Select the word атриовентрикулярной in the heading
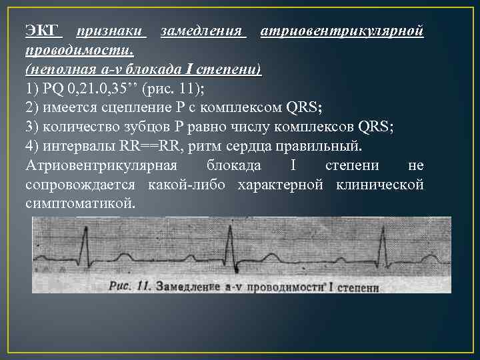(341, 31)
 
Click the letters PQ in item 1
(51, 89)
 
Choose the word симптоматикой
(79, 203)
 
